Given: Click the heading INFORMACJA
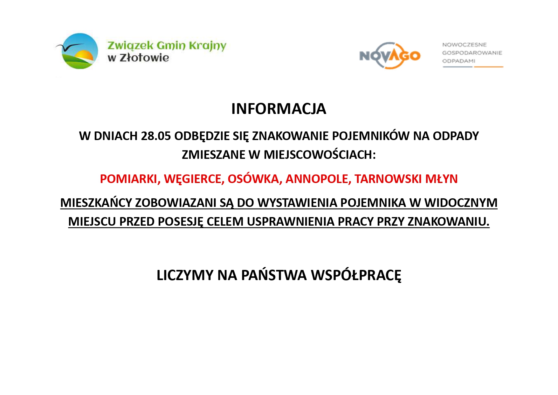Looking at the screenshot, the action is click(x=279, y=109).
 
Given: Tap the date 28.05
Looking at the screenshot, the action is click(x=156, y=136).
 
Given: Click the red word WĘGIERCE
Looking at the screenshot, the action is click(x=194, y=179).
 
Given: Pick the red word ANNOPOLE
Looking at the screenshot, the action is click(x=318, y=179).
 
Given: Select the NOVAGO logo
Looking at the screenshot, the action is click(x=390, y=56).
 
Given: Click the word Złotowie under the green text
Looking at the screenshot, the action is click(x=144, y=58).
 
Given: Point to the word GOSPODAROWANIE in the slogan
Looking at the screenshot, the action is click(x=472, y=53).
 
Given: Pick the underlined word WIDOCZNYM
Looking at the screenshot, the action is click(x=461, y=203).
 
